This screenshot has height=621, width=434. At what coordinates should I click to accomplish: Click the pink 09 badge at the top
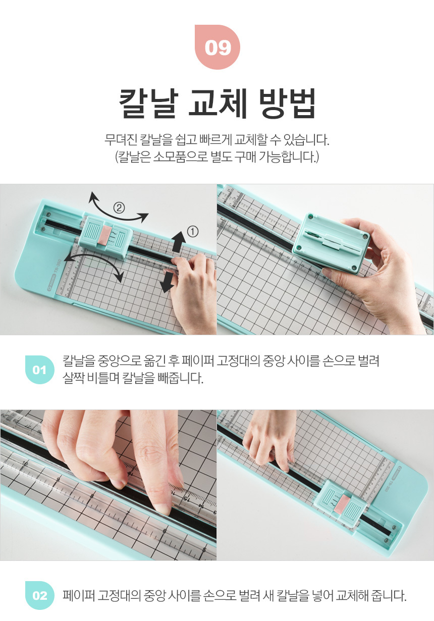[218, 47]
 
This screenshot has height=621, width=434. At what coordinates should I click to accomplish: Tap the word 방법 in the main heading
[287, 103]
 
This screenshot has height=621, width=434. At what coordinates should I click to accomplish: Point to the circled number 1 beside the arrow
[193, 232]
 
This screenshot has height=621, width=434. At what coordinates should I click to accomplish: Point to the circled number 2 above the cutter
[119, 208]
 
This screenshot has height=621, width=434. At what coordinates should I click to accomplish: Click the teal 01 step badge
[40, 370]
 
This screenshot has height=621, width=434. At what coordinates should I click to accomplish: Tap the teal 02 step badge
[40, 595]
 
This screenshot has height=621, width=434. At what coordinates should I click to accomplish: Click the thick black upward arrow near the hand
[179, 242]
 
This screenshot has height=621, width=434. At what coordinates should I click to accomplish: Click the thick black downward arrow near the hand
[167, 282]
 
